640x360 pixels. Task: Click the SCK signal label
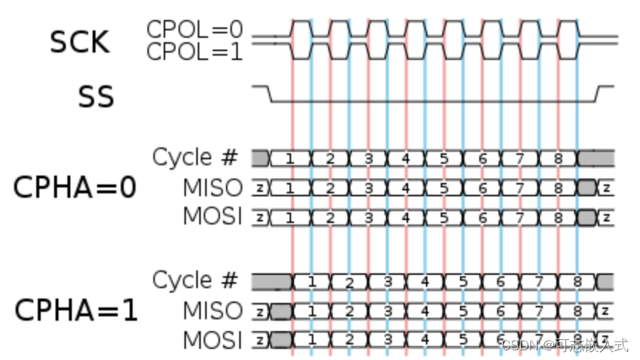click(x=79, y=42)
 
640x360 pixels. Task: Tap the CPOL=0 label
click(x=195, y=30)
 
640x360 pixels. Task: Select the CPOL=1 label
click(x=195, y=52)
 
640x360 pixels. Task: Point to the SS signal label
click(x=96, y=97)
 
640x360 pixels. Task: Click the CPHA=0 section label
click(x=75, y=187)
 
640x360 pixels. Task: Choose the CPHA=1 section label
click(x=76, y=310)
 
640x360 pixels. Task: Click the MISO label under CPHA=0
click(x=213, y=187)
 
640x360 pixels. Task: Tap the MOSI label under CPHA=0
click(x=213, y=217)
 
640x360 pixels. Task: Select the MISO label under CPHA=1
click(x=213, y=310)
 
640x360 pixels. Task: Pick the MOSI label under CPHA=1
click(x=213, y=340)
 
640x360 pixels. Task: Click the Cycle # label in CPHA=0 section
click(x=196, y=157)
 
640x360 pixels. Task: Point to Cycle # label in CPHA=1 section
click(x=196, y=280)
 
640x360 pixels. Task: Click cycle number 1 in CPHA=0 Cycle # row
click(x=290, y=159)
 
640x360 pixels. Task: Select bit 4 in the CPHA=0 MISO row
click(x=405, y=188)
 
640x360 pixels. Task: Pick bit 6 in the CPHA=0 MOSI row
click(x=482, y=218)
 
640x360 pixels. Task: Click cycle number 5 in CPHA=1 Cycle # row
click(x=463, y=281)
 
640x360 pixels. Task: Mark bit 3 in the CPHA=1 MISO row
click(x=387, y=311)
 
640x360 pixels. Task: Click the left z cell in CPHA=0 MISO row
click(x=259, y=188)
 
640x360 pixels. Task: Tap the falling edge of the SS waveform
click(x=270, y=93)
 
